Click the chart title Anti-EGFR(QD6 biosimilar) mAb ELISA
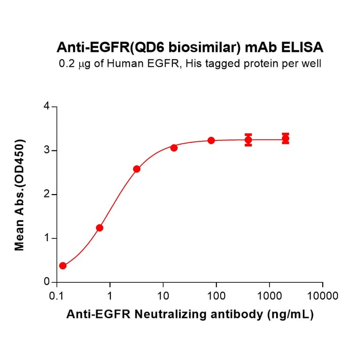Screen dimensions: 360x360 [x=190, y=47]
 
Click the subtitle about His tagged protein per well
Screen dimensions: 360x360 [x=190, y=63]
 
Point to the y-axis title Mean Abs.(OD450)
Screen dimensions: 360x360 [x=19, y=195]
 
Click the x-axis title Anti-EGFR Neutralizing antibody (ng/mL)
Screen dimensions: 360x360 [x=190, y=314]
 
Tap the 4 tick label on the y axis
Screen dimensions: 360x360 [x=47, y=106]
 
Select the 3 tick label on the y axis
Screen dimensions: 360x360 [x=47, y=151]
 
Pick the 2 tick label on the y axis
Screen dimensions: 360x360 [x=47, y=195]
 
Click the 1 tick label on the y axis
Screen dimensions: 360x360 [x=47, y=238]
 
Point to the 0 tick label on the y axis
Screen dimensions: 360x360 [x=47, y=282]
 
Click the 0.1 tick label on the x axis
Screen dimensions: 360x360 [x=57, y=296]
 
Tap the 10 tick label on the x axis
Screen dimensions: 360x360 [x=163, y=296]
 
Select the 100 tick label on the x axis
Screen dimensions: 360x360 [x=216, y=296]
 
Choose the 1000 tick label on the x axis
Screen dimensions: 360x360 [x=270, y=296]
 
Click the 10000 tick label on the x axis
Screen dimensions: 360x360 [x=322, y=296]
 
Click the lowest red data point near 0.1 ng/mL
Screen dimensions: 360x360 [x=63, y=266]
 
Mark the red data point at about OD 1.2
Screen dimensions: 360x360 [x=99, y=228]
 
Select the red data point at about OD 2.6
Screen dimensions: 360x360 [x=137, y=169]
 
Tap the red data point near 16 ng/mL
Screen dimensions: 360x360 [x=174, y=147]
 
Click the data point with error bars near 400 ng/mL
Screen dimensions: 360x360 [x=248, y=140]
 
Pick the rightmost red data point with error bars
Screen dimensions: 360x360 [x=286, y=139]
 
